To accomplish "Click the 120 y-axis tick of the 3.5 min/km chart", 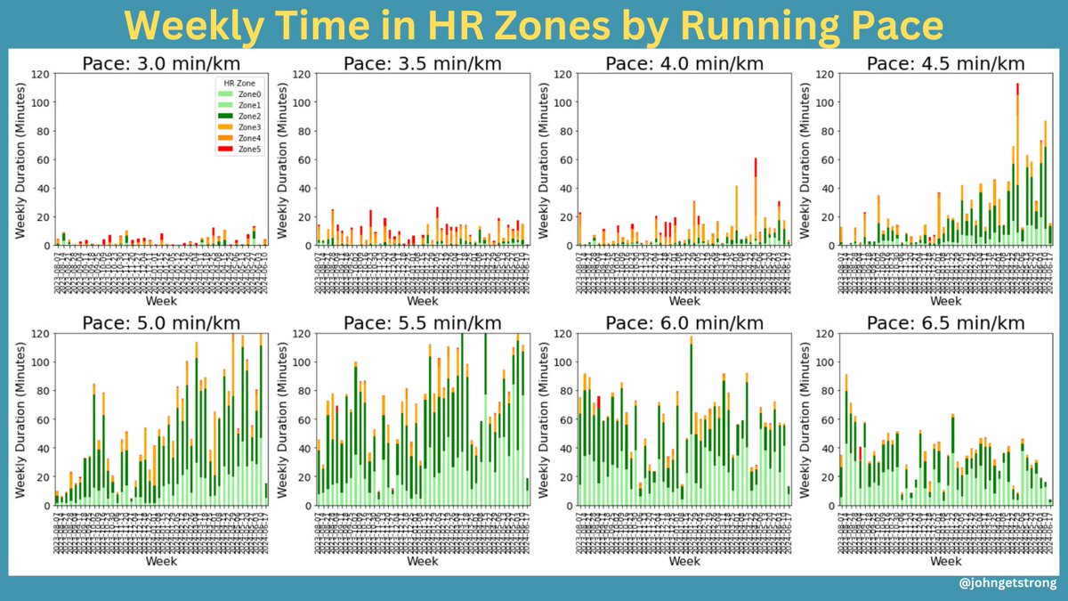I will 303,74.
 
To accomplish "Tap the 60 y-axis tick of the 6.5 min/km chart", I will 829,419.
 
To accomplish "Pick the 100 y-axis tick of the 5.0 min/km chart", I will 38,362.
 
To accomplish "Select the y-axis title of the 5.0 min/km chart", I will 19,419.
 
